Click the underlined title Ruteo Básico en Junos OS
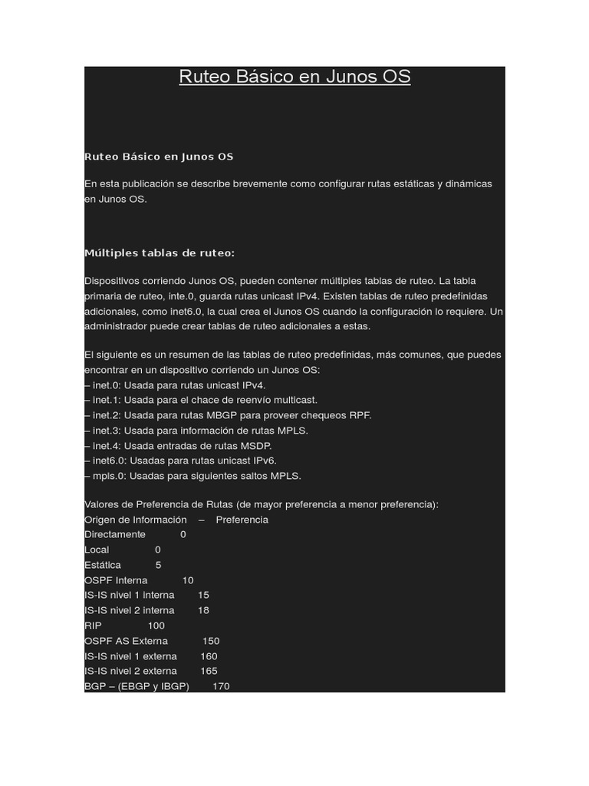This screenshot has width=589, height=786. pos(294,77)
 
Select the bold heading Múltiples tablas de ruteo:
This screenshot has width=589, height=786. pos(160,253)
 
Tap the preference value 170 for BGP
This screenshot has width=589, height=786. pos(221,686)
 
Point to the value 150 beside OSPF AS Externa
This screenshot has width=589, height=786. pos(211,641)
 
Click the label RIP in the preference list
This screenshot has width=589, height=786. pos(93,626)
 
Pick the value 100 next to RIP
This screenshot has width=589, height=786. pos(156,626)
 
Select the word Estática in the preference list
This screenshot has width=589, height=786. pos(103,565)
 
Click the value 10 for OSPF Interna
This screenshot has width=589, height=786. pos(188,580)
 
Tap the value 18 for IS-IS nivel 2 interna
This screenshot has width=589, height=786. pos(203,610)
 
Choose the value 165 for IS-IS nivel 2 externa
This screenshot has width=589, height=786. pos(209,671)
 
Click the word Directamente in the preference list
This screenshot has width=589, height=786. pos(115,534)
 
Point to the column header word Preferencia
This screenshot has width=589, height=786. pos(242,520)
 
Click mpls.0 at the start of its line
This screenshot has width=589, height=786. pos(106,476)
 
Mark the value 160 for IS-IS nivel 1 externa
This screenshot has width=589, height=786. pos(209,656)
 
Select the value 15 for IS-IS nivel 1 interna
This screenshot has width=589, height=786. pos(203,595)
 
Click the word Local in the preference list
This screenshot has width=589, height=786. pos(97,550)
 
